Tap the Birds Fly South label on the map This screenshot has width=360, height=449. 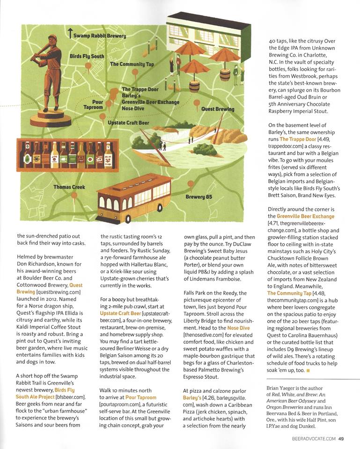point(87,56)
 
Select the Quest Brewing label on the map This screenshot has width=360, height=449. point(218,109)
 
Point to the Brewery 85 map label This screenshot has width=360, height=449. point(199,197)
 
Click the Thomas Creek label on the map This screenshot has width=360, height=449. point(69,187)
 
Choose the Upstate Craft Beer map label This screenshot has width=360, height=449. point(129,123)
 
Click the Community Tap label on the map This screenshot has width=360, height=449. point(132,64)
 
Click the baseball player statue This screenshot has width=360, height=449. point(47,80)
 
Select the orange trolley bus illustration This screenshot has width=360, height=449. point(134,198)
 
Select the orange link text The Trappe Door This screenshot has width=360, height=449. point(296,139)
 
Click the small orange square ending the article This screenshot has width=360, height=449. point(308,371)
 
